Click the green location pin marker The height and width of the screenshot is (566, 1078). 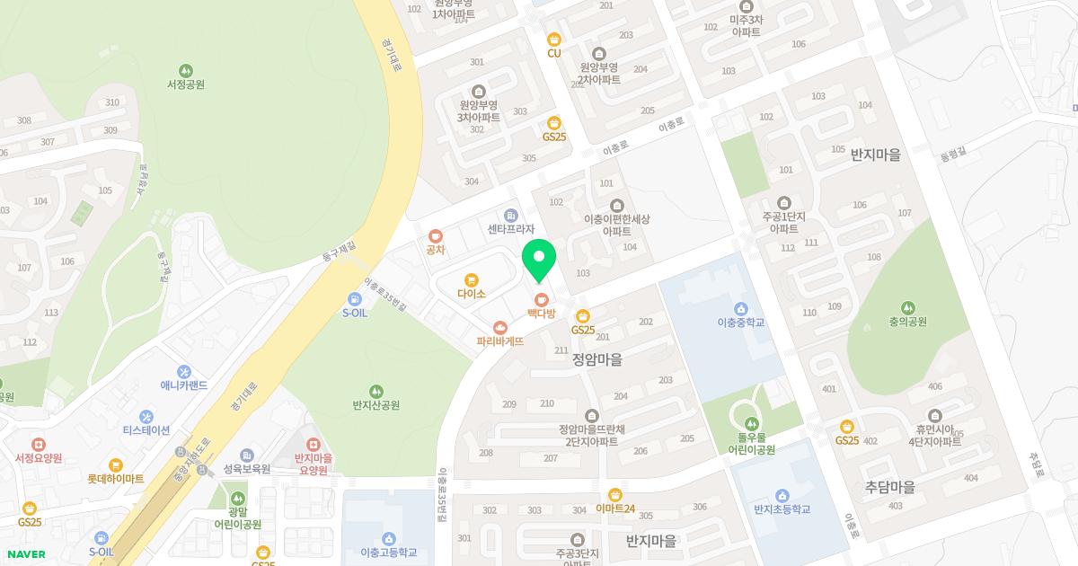tap(539, 260)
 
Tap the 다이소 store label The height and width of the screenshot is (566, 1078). tap(471, 294)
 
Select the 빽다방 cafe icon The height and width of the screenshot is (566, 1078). tap(541, 299)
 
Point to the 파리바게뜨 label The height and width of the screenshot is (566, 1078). tap(500, 341)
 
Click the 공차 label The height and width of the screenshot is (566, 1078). tap(436, 250)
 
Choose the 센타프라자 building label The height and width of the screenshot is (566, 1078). tap(511, 229)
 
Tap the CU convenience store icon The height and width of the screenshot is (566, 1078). tap(554, 39)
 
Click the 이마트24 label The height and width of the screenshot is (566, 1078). tap(615, 509)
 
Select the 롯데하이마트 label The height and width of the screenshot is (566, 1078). tap(116, 479)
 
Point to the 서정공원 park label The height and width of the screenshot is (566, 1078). tap(186, 84)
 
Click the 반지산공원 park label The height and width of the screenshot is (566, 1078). tap(376, 405)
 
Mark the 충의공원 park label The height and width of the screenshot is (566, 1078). tap(908, 322)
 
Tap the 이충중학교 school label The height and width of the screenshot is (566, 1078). tap(741, 322)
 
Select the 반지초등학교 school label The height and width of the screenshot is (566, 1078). tap(782, 509)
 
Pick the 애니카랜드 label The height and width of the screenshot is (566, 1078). tap(184, 385)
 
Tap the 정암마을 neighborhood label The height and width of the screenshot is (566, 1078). tap(597, 359)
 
